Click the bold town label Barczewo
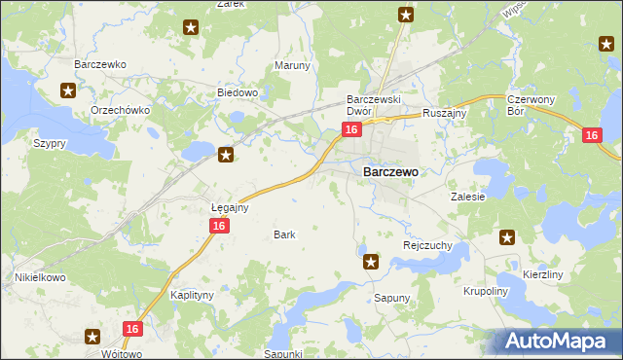[390, 171]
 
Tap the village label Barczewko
[101, 64]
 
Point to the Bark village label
[284, 234]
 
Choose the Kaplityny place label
[192, 294]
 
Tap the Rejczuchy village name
[427, 246]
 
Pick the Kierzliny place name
[543, 275]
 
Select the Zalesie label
[467, 196]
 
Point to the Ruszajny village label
[446, 113]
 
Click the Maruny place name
[292, 66]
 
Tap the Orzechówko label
[120, 110]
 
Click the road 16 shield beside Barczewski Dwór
[352, 129]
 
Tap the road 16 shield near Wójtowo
[133, 330]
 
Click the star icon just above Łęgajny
[226, 154]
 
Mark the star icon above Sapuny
[370, 261]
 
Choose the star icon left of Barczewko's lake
[68, 91]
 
